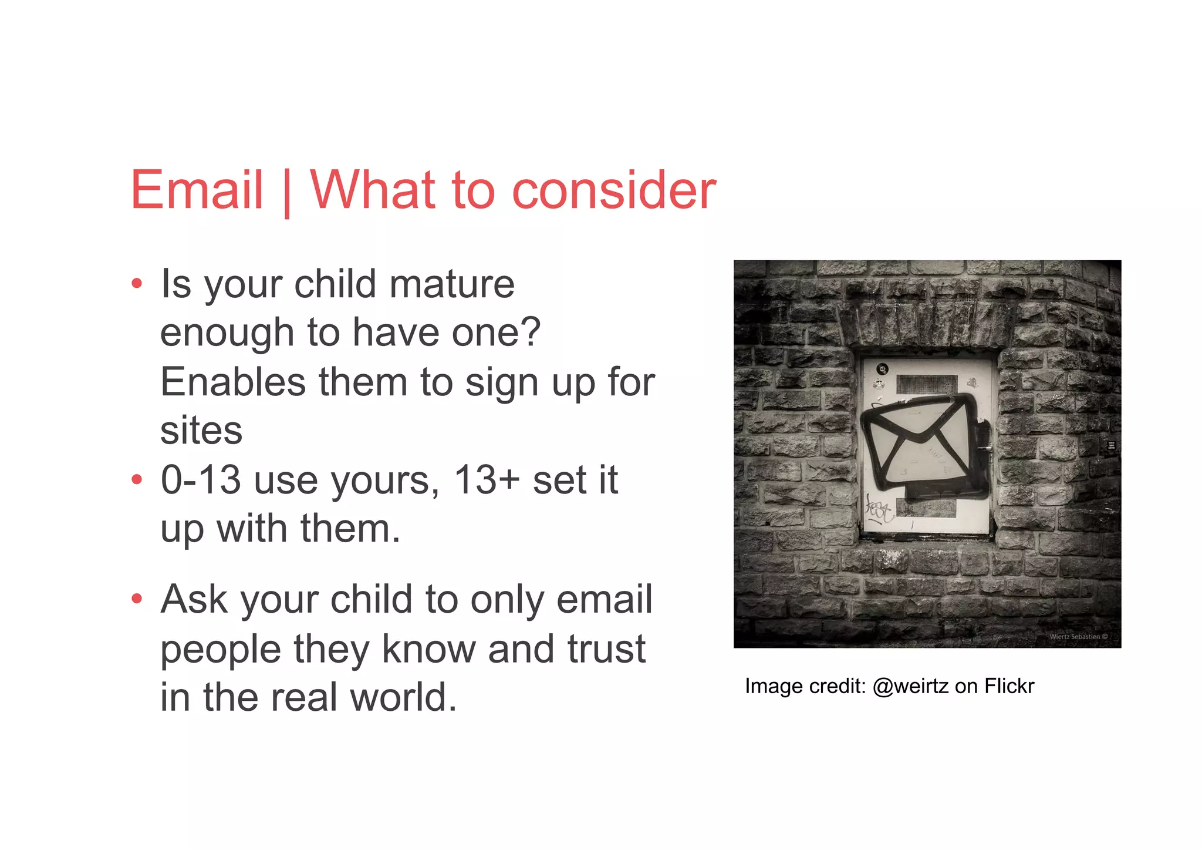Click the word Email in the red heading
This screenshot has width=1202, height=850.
pos(197,190)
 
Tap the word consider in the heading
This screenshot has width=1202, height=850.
pos(614,191)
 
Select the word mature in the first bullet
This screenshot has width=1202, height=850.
pos(452,284)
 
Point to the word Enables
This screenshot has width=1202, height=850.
pos(233,382)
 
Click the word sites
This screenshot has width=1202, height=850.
pos(201,431)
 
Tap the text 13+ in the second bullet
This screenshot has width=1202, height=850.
pos(487,480)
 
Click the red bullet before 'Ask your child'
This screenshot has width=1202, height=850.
pos(137,599)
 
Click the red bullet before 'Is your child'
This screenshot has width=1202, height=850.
pos(137,284)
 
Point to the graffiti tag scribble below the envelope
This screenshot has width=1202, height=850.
pos(879,509)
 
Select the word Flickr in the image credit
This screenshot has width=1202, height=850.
pos(1009,686)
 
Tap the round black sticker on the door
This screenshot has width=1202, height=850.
pos(882,369)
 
